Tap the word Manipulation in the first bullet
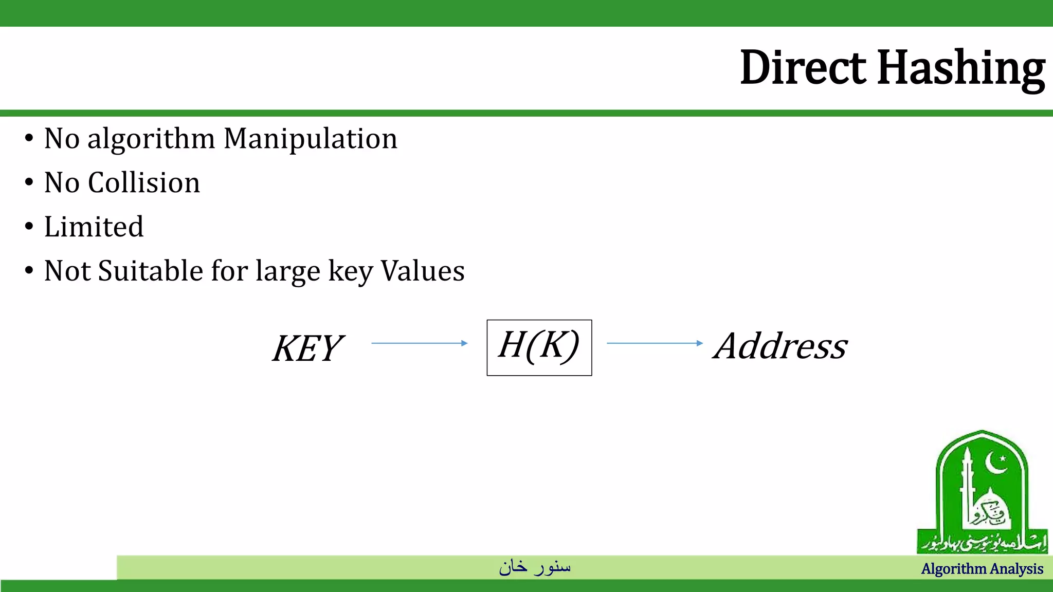[311, 139]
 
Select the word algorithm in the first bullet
[151, 140]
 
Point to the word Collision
[144, 183]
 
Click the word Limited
[94, 227]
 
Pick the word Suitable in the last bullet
[151, 271]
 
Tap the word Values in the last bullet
[422, 271]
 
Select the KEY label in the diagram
[307, 348]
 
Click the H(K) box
[539, 347]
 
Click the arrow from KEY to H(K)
[419, 343]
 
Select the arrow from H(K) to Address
[655, 343]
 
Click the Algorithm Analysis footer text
[982, 569]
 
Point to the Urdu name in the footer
[535, 567]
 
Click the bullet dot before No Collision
[29, 182]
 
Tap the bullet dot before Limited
[29, 227]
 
